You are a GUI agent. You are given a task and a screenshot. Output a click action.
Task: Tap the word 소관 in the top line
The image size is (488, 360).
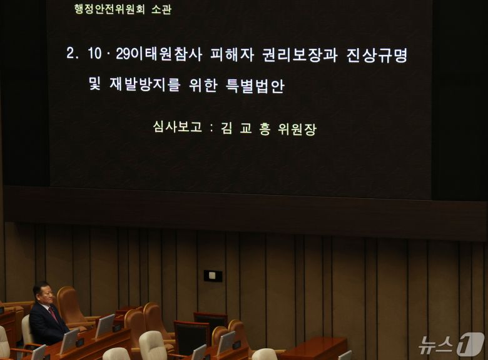click(161, 9)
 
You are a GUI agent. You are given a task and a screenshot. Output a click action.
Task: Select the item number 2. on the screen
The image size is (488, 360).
click(73, 54)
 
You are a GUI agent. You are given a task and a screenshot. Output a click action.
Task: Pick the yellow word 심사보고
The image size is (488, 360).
click(178, 127)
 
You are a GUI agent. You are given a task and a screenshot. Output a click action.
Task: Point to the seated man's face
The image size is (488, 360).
click(43, 294)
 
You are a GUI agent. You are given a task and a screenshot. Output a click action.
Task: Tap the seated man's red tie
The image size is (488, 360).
click(53, 314)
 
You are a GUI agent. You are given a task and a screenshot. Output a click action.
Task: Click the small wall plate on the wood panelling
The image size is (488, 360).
click(213, 276)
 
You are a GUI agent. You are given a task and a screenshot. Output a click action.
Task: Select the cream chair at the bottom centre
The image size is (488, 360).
click(153, 345)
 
